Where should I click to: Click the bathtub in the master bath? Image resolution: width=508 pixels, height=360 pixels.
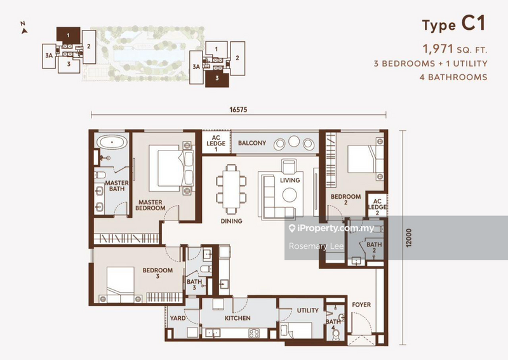tap(112, 142)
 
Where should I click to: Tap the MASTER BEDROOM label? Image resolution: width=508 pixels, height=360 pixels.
tap(150, 205)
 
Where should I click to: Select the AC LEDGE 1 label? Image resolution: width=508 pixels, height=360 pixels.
tap(216, 143)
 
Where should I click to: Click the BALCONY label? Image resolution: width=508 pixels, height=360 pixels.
tap(252, 143)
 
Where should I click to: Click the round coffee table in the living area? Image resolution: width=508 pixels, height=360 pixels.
tap(290, 195)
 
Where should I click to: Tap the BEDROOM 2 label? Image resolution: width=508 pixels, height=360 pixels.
tap(345, 199)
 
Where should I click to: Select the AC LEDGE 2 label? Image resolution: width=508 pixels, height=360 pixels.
tap(377, 207)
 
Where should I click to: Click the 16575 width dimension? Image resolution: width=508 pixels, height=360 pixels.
tap(238, 109)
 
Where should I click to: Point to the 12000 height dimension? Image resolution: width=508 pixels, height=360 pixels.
tap(409, 238)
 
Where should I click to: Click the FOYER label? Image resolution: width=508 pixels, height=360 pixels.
tap(361, 305)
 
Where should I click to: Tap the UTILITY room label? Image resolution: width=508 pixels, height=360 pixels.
tap(308, 310)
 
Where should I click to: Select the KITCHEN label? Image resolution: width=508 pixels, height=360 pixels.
tap(237, 318)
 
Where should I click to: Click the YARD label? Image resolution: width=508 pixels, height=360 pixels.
tap(178, 318)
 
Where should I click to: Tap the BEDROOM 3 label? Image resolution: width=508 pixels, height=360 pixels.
tap(157, 273)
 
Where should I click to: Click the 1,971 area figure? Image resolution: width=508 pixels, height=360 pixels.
tap(438, 49)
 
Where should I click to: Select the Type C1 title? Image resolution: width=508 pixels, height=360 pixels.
tap(454, 23)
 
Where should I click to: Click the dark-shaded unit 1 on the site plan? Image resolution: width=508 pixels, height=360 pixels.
tap(69, 34)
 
